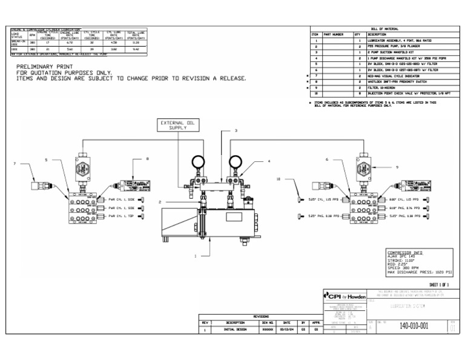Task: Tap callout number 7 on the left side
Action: [x=15, y=164]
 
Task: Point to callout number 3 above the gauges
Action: [x=236, y=131]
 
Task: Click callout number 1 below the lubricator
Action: [x=196, y=256]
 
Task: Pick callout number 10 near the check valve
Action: [x=279, y=179]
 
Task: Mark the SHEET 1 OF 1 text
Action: [x=440, y=284]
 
